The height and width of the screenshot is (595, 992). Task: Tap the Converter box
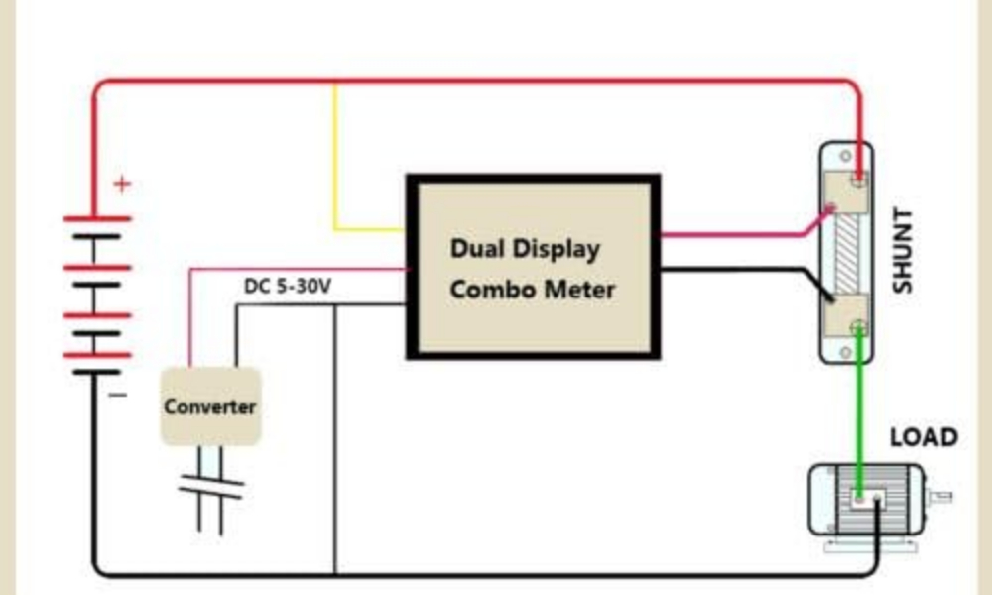coord(210,406)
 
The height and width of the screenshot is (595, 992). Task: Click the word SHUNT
coord(902,250)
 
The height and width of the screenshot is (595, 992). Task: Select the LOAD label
coord(924,437)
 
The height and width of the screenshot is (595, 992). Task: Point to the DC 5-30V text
coord(288,287)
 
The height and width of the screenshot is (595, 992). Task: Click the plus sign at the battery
coord(122,184)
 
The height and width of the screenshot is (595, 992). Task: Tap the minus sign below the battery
coord(118,395)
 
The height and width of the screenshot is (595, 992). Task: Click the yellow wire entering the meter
coord(335,178)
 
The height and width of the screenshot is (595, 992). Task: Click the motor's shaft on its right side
coord(938,496)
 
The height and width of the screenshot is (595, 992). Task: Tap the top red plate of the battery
coord(97,218)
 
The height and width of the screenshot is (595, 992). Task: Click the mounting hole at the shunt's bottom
coord(845,352)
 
